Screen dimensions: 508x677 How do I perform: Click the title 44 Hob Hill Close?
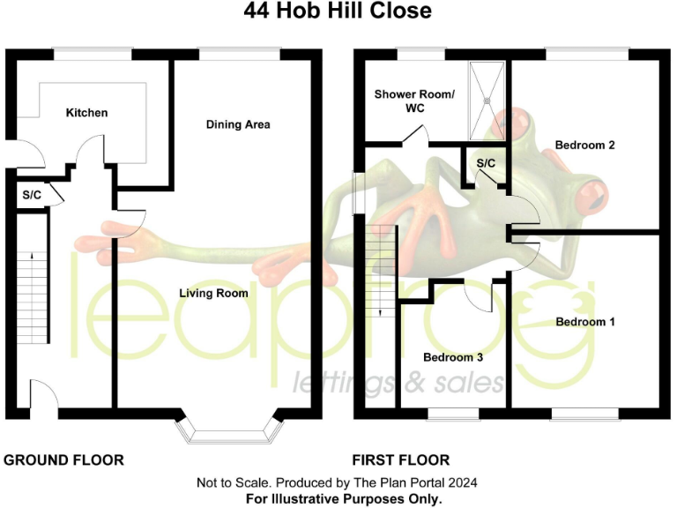[x=338, y=11]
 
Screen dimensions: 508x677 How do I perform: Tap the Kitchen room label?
[x=87, y=113]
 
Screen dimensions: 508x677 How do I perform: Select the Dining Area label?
[x=238, y=124]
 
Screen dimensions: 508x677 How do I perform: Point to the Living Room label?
[x=213, y=293]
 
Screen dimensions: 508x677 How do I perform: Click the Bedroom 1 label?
[x=585, y=322]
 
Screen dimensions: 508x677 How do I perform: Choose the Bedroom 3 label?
[x=453, y=357]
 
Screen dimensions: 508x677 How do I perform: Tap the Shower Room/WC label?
[x=413, y=101]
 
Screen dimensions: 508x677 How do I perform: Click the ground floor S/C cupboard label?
[x=32, y=195]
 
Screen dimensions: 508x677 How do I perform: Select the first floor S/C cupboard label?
[x=486, y=164]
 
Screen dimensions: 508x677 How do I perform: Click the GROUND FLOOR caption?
[x=64, y=459]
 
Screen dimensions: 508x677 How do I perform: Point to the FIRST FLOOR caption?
[x=401, y=459]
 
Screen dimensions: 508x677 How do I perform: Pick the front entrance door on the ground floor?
[x=44, y=392]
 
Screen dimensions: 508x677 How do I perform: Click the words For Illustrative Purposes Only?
[x=338, y=499]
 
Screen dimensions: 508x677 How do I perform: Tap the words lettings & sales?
[x=398, y=381]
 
